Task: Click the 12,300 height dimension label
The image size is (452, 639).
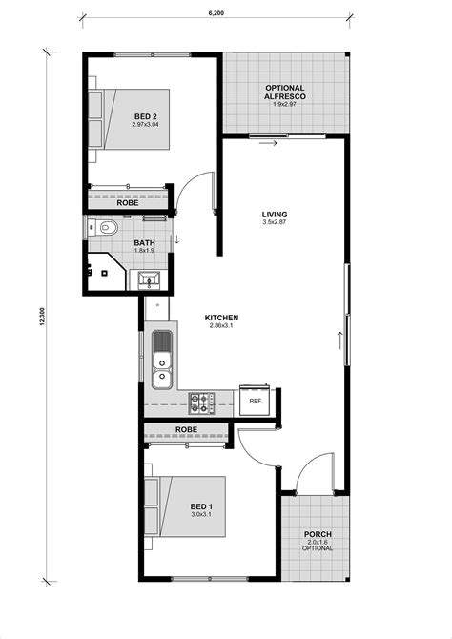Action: (42, 319)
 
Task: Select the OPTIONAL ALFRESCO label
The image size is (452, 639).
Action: (284, 93)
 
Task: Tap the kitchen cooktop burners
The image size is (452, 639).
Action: (202, 403)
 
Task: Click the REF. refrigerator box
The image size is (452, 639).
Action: (256, 402)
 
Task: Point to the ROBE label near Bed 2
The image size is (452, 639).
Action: (127, 202)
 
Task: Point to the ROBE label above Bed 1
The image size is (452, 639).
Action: (187, 431)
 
